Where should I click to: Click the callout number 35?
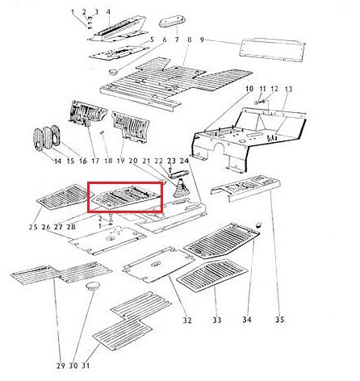279,320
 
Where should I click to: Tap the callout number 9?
202,40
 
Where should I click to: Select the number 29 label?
61,366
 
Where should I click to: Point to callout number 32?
187,320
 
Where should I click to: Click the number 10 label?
249,89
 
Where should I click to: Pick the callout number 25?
33,227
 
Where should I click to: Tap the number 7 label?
177,40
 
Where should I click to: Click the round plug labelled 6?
114,72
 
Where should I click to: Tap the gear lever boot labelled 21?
179,190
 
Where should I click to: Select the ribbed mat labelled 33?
212,274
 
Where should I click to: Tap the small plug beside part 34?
258,224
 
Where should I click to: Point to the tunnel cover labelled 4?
119,29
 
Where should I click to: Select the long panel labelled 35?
245,187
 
